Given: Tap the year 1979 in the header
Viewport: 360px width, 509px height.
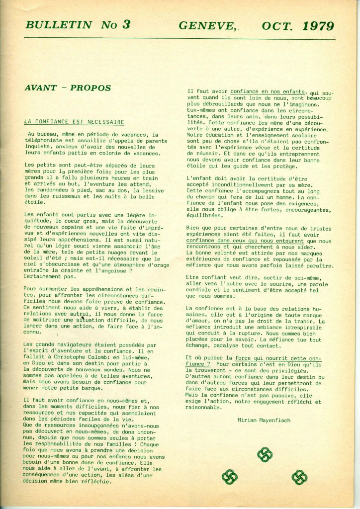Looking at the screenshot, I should coord(317,26).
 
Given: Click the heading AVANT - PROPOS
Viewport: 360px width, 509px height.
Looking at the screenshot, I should coord(68,88).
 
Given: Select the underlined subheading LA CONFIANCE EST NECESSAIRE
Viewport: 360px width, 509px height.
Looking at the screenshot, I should coord(74,122).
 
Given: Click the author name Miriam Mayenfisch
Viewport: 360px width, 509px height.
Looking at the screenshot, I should coord(264,421).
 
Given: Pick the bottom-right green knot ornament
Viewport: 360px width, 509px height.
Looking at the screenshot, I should coord(299,478).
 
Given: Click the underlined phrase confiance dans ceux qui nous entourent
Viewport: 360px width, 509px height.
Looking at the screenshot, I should coord(246,241).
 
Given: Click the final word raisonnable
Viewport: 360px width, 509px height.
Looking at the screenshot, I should coord(204,407).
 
